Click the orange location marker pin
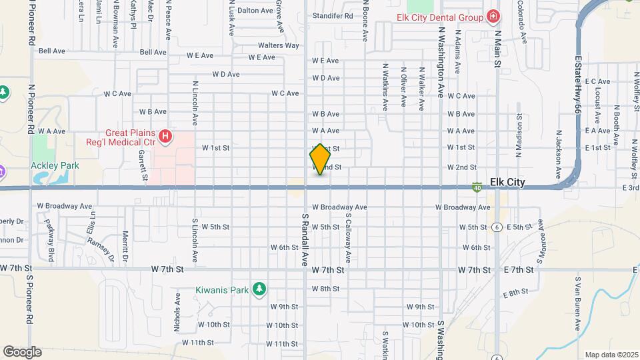coord(321,159)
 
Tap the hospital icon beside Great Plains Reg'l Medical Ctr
coord(165,137)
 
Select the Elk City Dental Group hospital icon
coord(493,16)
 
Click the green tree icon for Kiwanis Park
coord(260,289)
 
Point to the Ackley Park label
coord(55,165)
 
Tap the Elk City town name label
coord(507,182)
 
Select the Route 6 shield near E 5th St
coord(497,227)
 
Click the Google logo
coord(22,351)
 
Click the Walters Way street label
coord(279,45)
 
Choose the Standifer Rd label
coord(332,15)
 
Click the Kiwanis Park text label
coord(222,289)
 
